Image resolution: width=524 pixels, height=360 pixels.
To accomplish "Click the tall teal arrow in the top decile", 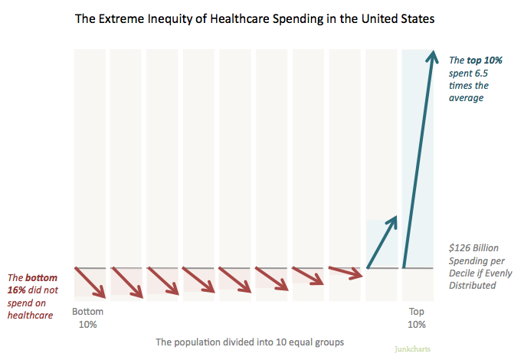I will click(419, 161).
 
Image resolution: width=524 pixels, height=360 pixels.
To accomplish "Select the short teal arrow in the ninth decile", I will click(382, 243).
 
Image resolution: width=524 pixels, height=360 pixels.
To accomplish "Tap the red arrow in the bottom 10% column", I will click(90, 282).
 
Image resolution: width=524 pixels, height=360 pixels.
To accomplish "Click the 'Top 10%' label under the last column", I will click(417, 318).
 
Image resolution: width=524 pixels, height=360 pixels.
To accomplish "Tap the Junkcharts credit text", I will click(413, 349).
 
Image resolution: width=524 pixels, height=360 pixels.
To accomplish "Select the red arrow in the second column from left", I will click(126, 281).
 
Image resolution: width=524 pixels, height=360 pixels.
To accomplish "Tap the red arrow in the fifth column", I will click(236, 279).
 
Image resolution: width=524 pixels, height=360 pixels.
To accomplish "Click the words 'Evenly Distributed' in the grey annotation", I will click(473, 279).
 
